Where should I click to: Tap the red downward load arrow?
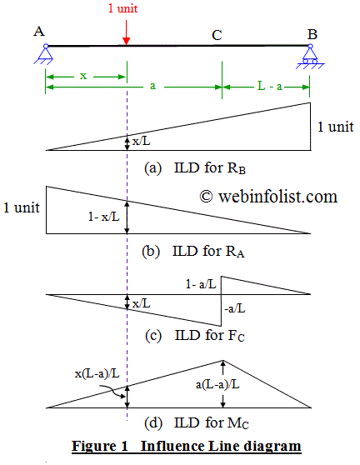coord(126,32)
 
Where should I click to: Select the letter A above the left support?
coord(39,31)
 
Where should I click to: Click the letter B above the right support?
coord(312,33)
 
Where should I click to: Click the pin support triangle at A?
coord(46,56)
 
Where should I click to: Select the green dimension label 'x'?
coord(82,75)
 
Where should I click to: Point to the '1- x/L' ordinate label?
coord(104,216)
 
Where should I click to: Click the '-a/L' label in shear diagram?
coord(234,307)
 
